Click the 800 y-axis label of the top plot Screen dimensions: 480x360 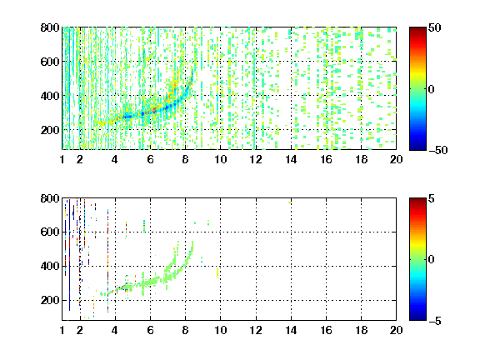pos(50,27)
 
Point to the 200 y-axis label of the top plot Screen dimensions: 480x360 pos(50,130)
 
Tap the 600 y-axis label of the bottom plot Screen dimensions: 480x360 pos(50,232)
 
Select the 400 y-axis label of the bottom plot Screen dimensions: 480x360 pos(50,266)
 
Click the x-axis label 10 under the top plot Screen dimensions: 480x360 pos(220,159)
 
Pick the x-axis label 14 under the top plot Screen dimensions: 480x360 pos(291,159)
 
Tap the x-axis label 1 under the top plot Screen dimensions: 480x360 pos(62,159)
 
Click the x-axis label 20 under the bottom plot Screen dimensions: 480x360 pos(396,330)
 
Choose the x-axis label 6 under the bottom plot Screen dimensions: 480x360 pos(150,330)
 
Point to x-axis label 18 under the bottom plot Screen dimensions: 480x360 pos(361,330)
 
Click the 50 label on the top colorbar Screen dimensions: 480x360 pos(435,27)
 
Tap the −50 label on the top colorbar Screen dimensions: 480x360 pos(438,150)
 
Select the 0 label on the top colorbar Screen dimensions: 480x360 pos(432,89)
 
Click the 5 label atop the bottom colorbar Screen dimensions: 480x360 pos(432,198)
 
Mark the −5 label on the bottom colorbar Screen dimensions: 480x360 pos(435,321)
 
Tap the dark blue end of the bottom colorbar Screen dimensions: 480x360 pos(417,318)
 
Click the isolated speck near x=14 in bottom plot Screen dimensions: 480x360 pos(290,202)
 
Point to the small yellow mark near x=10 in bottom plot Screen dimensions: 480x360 pos(217,272)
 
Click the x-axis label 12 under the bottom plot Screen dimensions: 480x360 pos(256,330)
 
